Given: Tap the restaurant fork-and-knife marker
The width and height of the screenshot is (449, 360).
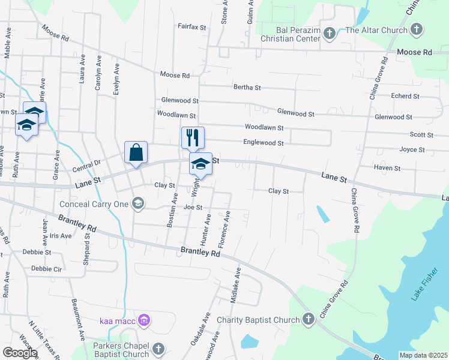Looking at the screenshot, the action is pos(193,137).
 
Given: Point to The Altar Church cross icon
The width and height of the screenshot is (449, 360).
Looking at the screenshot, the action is pos(417,29).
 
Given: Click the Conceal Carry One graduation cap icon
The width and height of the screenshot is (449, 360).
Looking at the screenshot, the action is pos(138,203).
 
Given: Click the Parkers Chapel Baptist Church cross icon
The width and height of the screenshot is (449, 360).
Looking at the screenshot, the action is pos(158,349).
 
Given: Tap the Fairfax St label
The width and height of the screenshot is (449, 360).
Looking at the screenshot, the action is pos(191,27).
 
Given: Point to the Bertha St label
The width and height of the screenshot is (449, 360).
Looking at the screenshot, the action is pos(247,87).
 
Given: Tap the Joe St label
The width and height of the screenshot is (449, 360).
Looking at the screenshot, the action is pos(193,208).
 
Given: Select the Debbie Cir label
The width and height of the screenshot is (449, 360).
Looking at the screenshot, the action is pos(46,269).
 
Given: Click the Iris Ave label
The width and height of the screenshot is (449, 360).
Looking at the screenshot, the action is pos(61,236).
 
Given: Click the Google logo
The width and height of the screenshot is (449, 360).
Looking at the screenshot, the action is pos(20,353).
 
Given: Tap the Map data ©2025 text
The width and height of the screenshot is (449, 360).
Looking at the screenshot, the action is pos(423,355).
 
